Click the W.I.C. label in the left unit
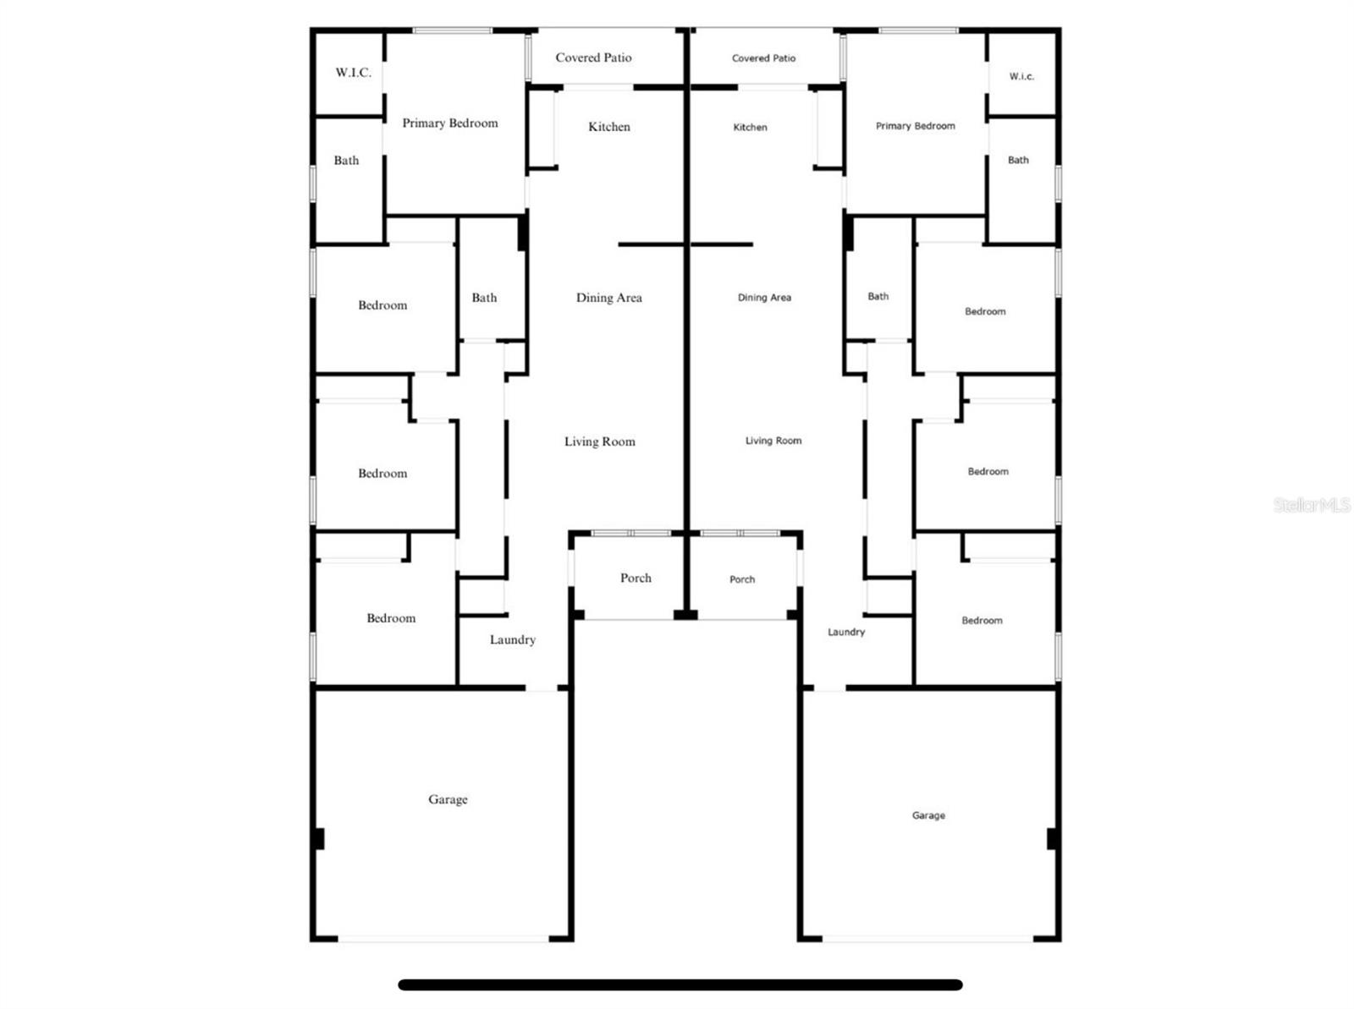pyautogui.click(x=353, y=73)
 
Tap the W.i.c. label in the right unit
pyautogui.click(x=1021, y=76)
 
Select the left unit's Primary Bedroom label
pyautogui.click(x=449, y=123)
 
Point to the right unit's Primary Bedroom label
pyautogui.click(x=915, y=126)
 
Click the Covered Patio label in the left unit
pyautogui.click(x=593, y=58)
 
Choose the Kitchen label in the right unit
pyautogui.click(x=750, y=128)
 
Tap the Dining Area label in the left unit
pyautogui.click(x=608, y=298)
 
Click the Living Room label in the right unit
pyautogui.click(x=773, y=441)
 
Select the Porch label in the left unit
pyautogui.click(x=636, y=579)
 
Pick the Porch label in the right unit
pyautogui.click(x=741, y=579)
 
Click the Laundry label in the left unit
pyautogui.click(x=512, y=640)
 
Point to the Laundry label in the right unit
pyautogui.click(x=845, y=632)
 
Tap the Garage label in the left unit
pyautogui.click(x=448, y=799)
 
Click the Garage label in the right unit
pyautogui.click(x=928, y=815)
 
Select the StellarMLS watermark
pyautogui.click(x=1312, y=505)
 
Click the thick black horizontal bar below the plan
pyautogui.click(x=680, y=984)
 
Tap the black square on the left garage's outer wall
pyautogui.click(x=318, y=838)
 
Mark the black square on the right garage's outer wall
pyautogui.click(x=1052, y=838)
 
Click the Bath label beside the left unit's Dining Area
pyautogui.click(x=484, y=298)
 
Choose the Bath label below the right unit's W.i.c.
pyautogui.click(x=1018, y=160)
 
